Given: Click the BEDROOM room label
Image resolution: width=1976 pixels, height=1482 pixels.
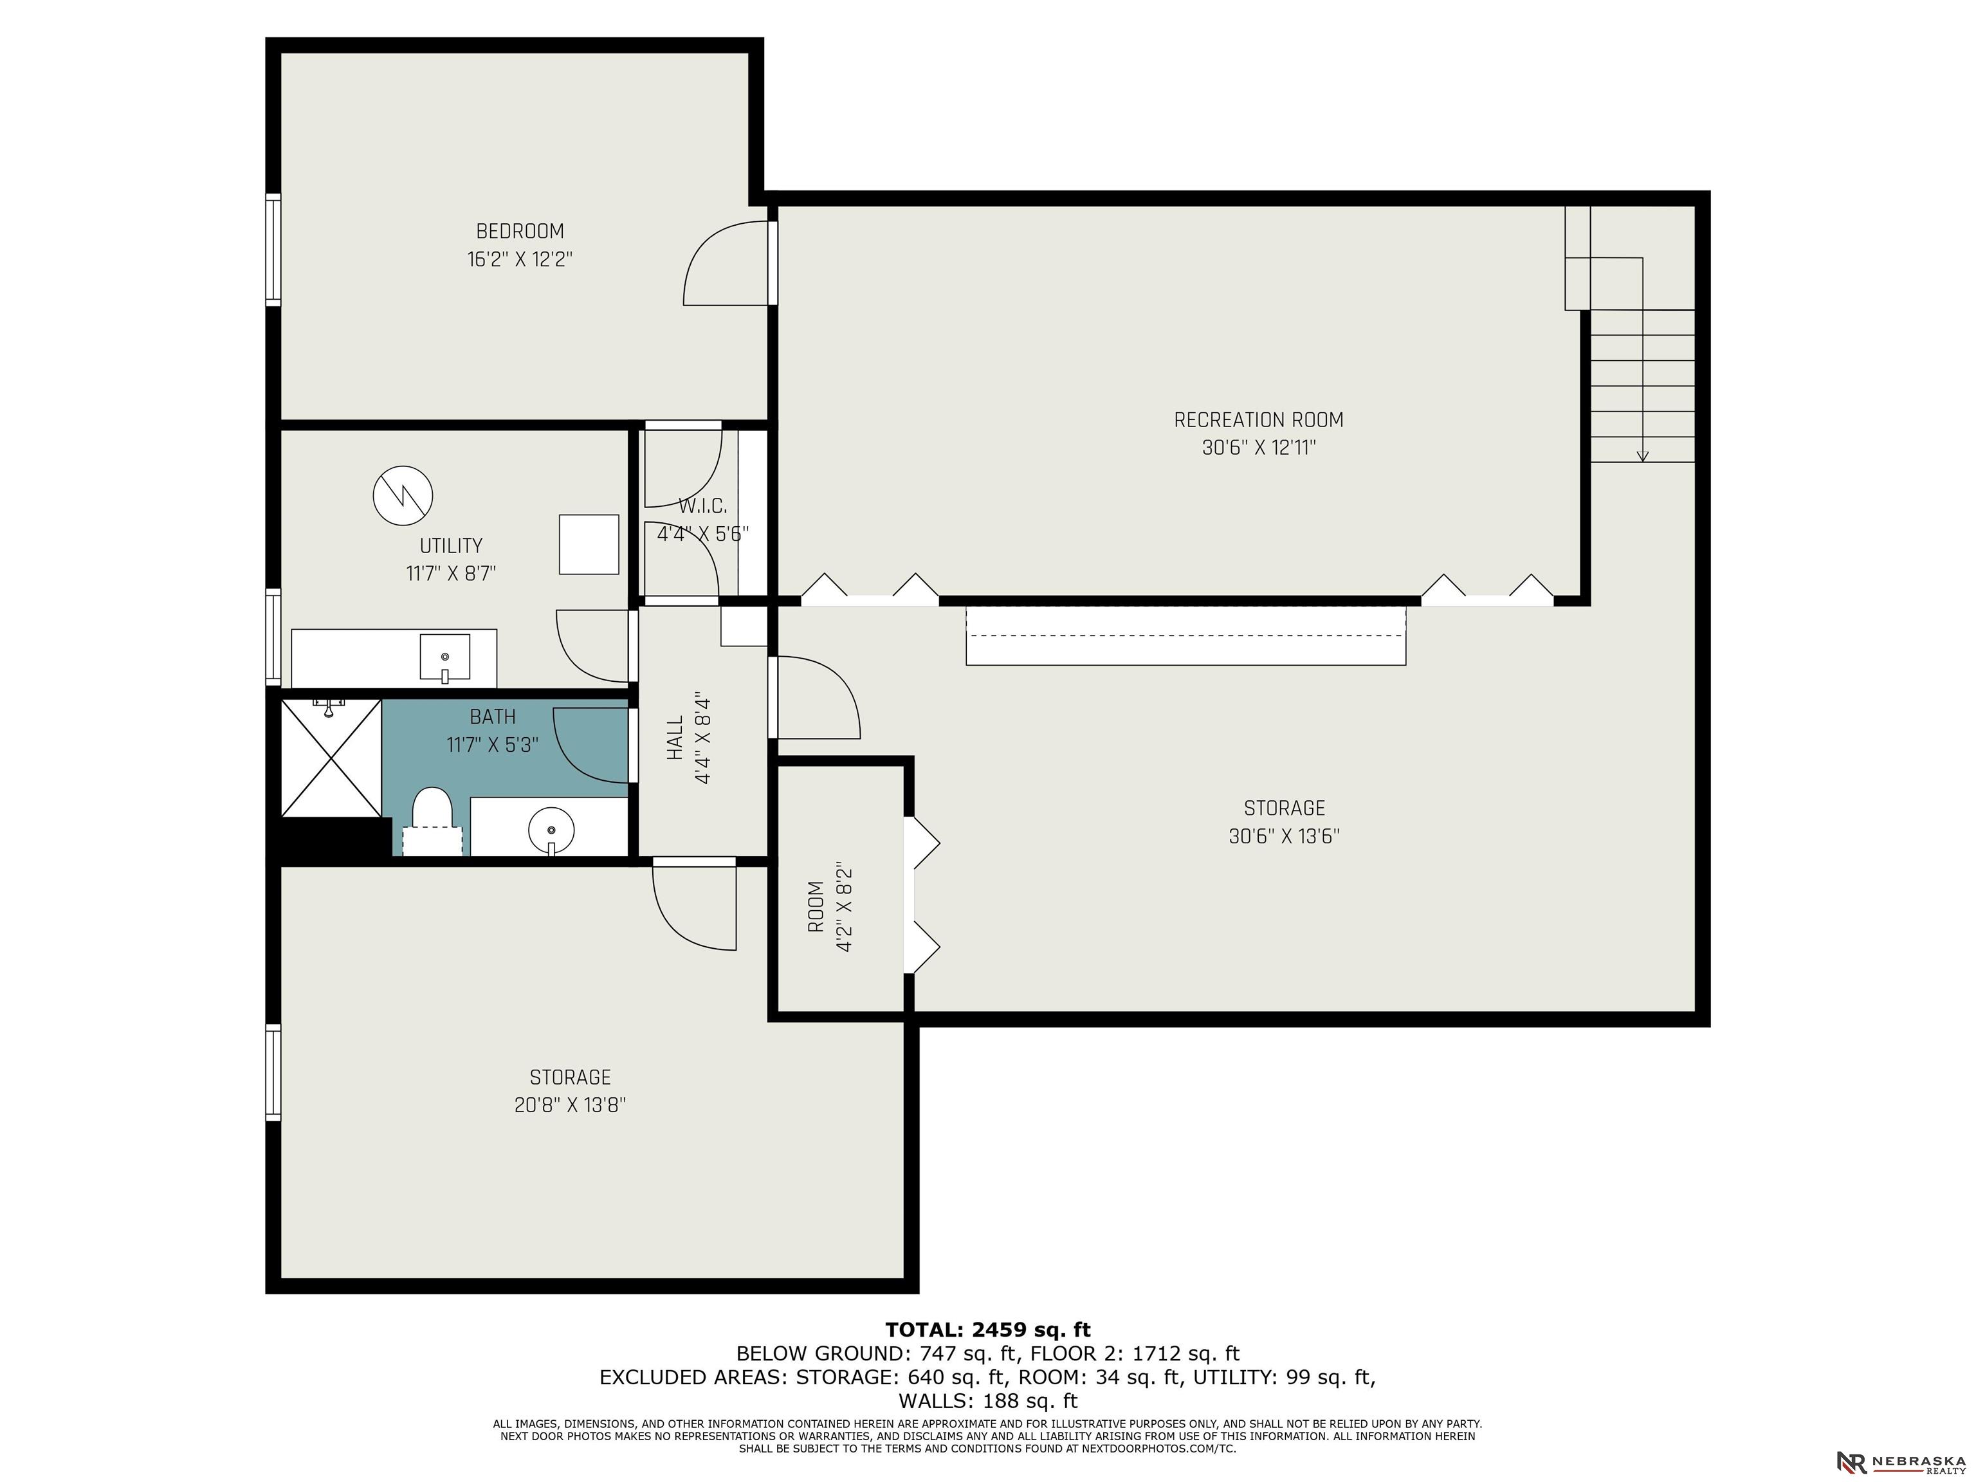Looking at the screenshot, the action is click(x=520, y=232).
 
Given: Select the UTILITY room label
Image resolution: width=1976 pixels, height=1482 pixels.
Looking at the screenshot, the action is click(x=451, y=546).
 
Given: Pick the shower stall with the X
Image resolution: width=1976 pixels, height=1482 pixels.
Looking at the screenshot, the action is click(x=331, y=758).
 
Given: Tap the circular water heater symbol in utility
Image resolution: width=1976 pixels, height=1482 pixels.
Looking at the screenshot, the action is click(x=403, y=495).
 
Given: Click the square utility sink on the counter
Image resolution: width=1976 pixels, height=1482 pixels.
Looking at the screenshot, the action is click(x=445, y=657).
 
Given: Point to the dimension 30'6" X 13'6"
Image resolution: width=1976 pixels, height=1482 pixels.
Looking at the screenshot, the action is click(x=1284, y=837).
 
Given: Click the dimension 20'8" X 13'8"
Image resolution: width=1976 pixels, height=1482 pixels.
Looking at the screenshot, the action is click(x=570, y=1105).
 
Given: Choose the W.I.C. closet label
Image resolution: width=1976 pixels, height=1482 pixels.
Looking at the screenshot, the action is click(x=702, y=506).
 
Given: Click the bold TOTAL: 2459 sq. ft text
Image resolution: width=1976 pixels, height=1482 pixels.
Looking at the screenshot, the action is click(x=988, y=1330).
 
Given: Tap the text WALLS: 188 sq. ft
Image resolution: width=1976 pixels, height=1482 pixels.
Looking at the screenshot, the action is click(x=988, y=1401).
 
